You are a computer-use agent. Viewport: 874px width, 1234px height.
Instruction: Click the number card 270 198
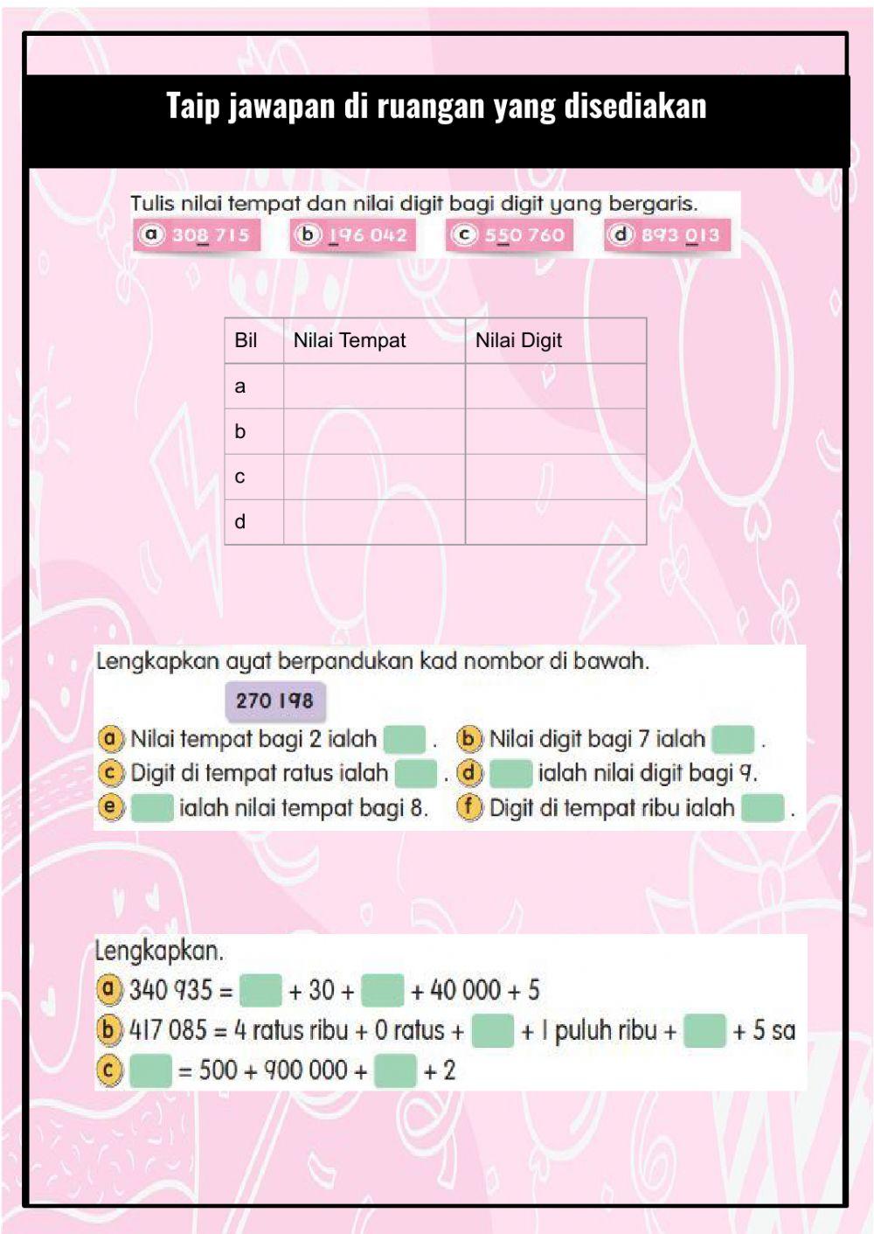(274, 701)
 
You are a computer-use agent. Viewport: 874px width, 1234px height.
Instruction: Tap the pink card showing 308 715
(198, 234)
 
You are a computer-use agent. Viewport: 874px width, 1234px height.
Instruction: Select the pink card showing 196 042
(353, 234)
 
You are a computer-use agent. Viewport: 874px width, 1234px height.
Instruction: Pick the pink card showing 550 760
(510, 234)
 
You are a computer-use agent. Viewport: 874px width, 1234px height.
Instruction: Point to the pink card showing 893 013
(667, 234)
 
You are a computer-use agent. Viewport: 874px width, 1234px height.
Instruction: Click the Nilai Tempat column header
(350, 340)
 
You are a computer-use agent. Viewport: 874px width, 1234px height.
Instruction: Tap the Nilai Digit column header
(518, 340)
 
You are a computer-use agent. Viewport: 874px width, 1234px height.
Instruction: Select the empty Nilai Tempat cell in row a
(374, 387)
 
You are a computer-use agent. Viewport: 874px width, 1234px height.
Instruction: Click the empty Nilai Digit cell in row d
(556, 522)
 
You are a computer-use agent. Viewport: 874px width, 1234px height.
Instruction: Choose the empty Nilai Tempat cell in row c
(374, 477)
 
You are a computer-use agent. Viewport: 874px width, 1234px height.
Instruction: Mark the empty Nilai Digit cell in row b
(556, 431)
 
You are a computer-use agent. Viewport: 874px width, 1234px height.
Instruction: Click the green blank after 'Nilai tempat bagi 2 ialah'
(405, 739)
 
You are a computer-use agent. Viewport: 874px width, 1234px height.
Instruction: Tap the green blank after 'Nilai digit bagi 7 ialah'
(732, 739)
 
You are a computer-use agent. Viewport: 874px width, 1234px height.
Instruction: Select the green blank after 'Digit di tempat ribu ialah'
(763, 807)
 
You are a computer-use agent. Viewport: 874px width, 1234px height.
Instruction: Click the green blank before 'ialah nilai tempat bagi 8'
(152, 807)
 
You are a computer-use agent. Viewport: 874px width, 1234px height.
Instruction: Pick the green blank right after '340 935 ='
(260, 991)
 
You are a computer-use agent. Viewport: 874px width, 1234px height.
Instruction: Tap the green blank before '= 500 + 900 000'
(150, 1070)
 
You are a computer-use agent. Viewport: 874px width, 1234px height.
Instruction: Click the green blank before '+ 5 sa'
(704, 1030)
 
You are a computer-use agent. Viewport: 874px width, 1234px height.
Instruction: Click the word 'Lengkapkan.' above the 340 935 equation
(159, 951)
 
